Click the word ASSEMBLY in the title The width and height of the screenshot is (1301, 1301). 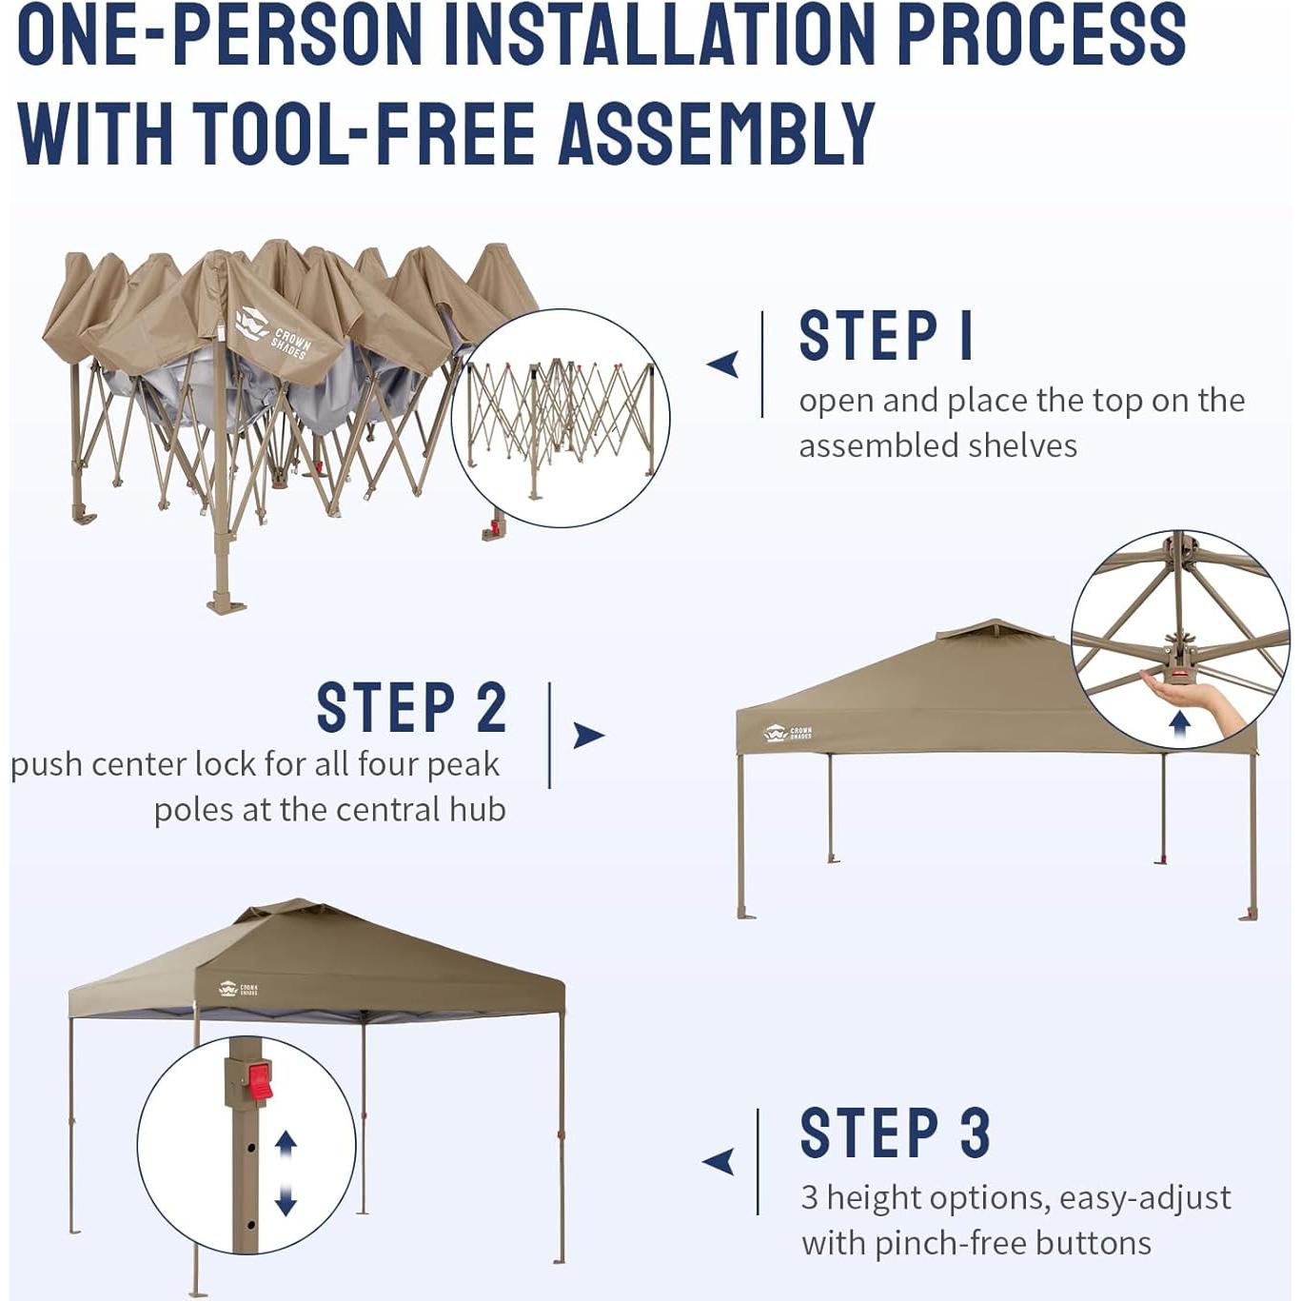click(x=717, y=133)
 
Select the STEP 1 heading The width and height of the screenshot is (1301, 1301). click(x=886, y=336)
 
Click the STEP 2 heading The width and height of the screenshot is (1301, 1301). click(x=412, y=707)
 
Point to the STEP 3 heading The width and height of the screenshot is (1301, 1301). click(x=896, y=1133)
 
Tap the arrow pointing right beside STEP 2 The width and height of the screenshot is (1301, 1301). click(x=589, y=736)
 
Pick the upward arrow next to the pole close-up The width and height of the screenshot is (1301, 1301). click(x=286, y=1144)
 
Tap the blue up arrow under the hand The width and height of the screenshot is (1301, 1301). click(x=1179, y=727)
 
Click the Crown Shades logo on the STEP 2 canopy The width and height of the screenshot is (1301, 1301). click(x=788, y=733)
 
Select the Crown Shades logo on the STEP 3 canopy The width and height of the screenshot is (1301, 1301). click(x=238, y=990)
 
